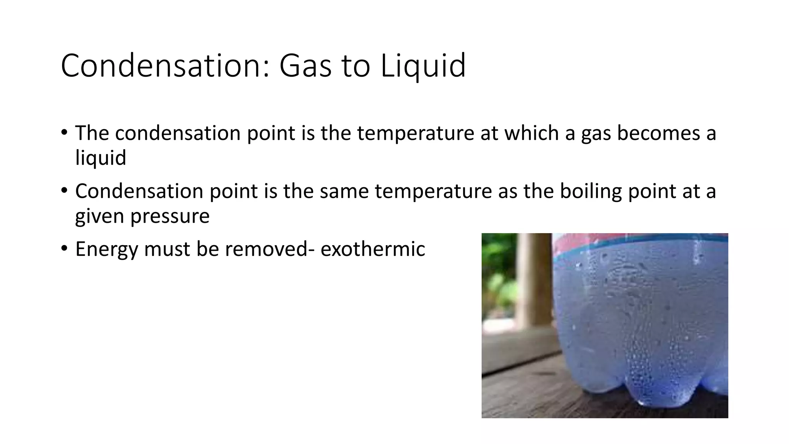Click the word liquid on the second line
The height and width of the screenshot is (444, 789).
[101, 158]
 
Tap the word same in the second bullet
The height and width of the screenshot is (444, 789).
[344, 192]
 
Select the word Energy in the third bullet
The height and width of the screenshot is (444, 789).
[106, 249]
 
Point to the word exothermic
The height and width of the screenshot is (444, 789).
[373, 249]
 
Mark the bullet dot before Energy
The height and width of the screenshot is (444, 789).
[64, 248]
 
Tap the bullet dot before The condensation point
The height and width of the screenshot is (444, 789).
[64, 132]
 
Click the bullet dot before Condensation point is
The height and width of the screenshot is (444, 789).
[64, 190]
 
